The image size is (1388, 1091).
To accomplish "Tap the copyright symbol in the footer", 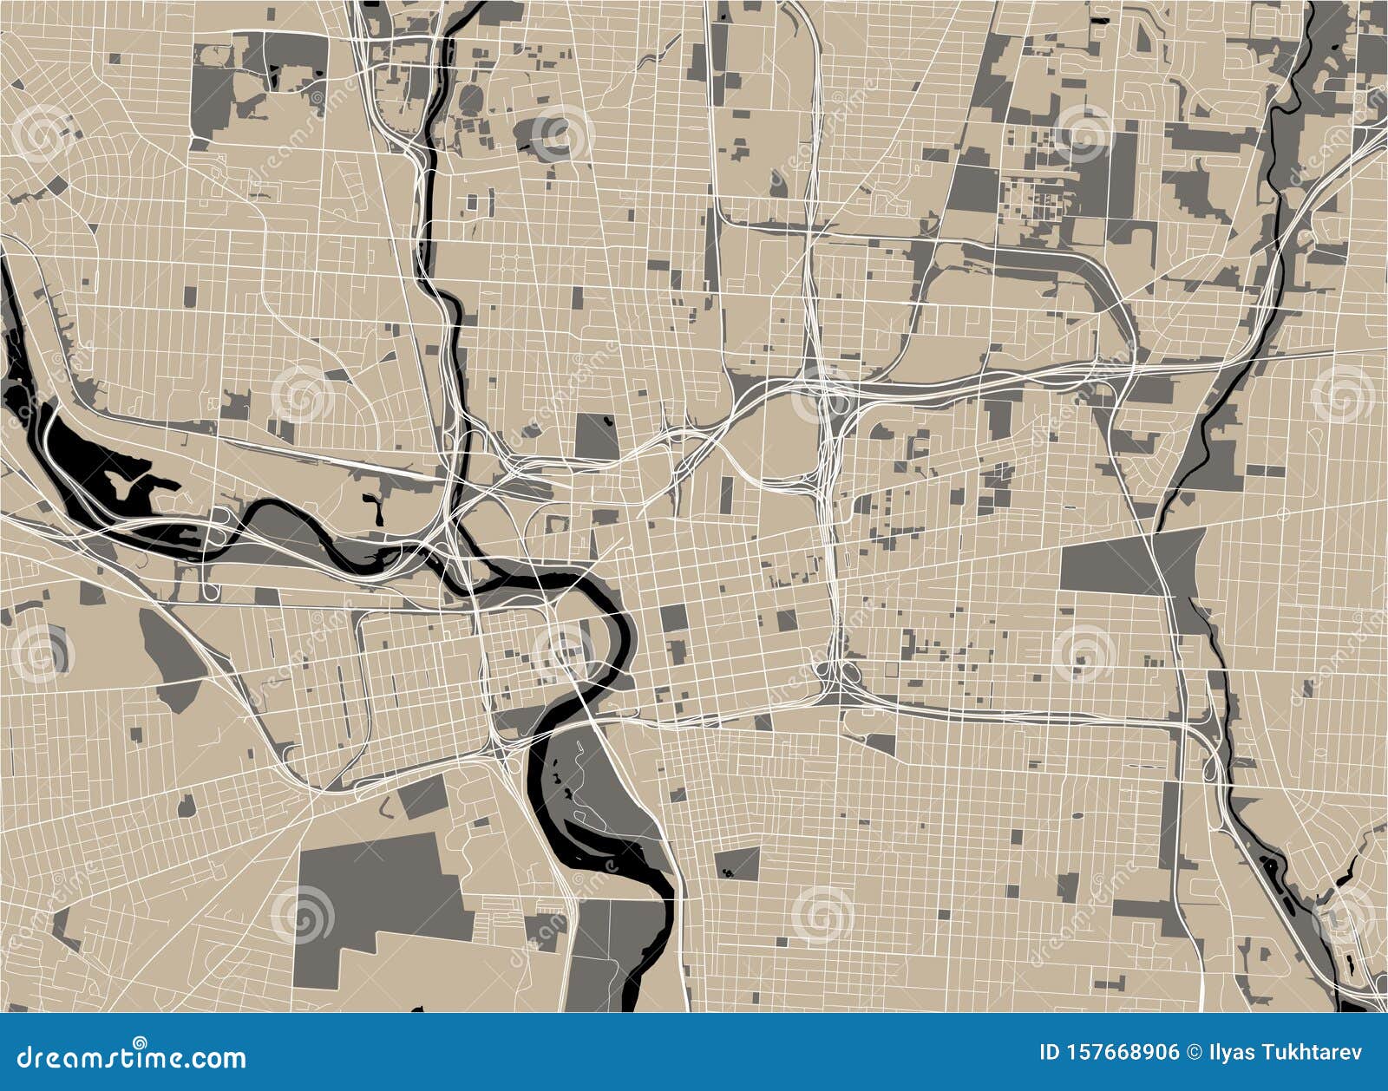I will (x=1193, y=1053).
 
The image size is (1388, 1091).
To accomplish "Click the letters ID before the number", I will (x=1049, y=1053).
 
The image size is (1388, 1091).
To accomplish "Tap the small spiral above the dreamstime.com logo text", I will (x=140, y=1042).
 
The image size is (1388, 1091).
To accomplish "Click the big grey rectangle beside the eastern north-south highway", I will (x=1110, y=564).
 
